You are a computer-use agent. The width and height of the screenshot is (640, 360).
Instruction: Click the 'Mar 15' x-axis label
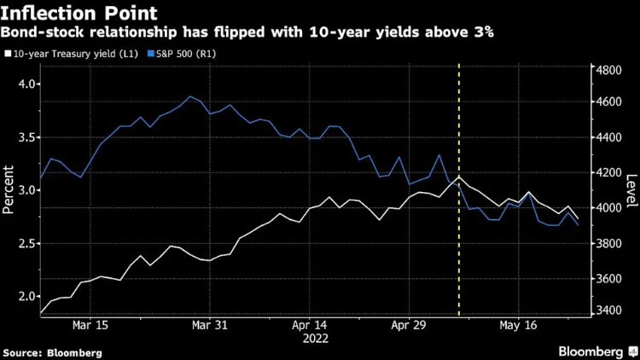(x=90, y=326)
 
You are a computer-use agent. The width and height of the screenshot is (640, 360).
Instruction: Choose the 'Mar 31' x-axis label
(x=209, y=326)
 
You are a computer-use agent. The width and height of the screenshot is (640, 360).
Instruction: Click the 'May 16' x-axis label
(x=518, y=326)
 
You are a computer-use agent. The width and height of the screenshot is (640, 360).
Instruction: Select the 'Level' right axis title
(x=631, y=191)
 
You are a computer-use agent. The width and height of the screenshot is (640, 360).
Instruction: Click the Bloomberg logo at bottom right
(x=591, y=351)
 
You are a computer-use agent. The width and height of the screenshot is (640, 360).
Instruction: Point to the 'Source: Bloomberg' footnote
(x=53, y=352)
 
